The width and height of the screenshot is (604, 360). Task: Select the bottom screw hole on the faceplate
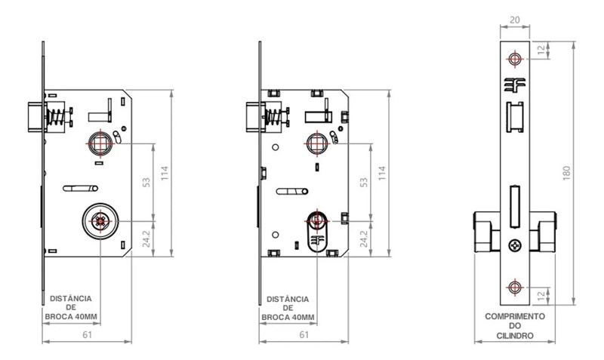pos(515,286)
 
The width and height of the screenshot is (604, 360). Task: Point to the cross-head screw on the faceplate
pos(515,245)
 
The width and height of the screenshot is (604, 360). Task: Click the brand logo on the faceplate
pos(515,86)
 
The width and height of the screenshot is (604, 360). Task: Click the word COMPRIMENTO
pos(515,316)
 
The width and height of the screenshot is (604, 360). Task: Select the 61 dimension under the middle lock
pos(304,334)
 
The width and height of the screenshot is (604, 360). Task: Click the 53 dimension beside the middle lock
pos(365,181)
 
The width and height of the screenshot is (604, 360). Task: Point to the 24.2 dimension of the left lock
pos(148,238)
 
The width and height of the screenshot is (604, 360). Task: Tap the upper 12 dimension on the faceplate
pos(538,50)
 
